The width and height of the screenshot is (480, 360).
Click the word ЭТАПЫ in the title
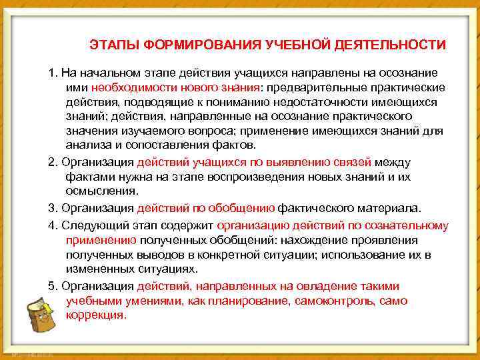coord(109,45)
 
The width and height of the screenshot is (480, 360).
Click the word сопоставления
coord(159,145)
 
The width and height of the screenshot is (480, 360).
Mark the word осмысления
coord(102,191)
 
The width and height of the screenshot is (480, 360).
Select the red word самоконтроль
coord(339,301)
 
